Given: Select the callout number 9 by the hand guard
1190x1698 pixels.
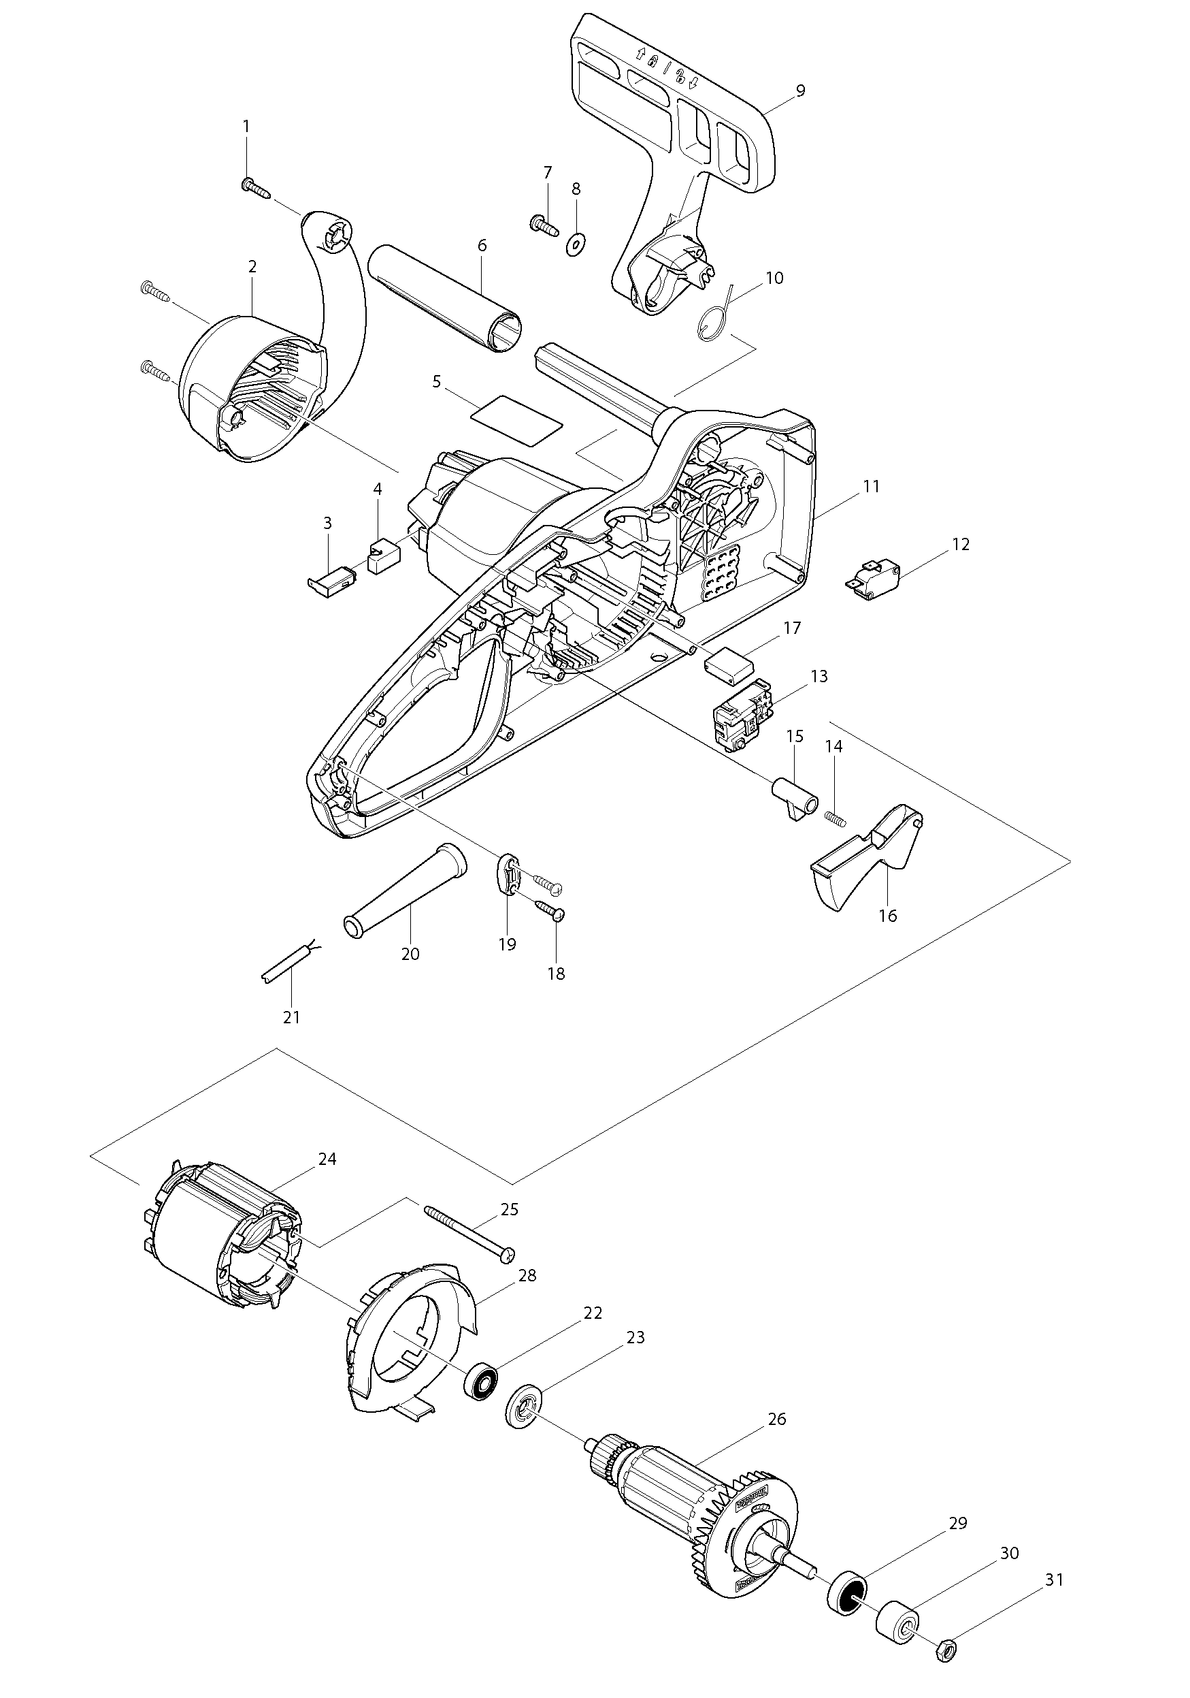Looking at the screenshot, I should click(x=801, y=91).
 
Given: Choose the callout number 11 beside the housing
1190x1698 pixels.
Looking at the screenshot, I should click(x=872, y=487).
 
